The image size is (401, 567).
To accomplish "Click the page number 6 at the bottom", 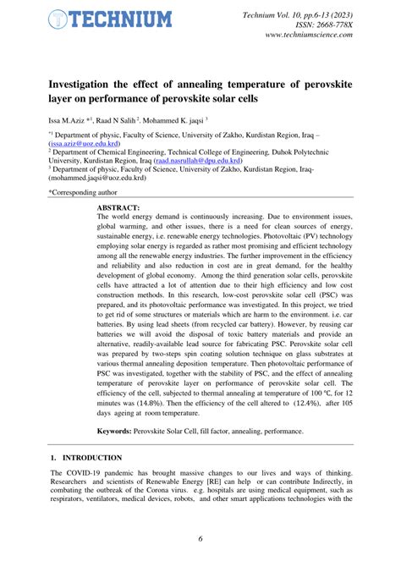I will [200, 539].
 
